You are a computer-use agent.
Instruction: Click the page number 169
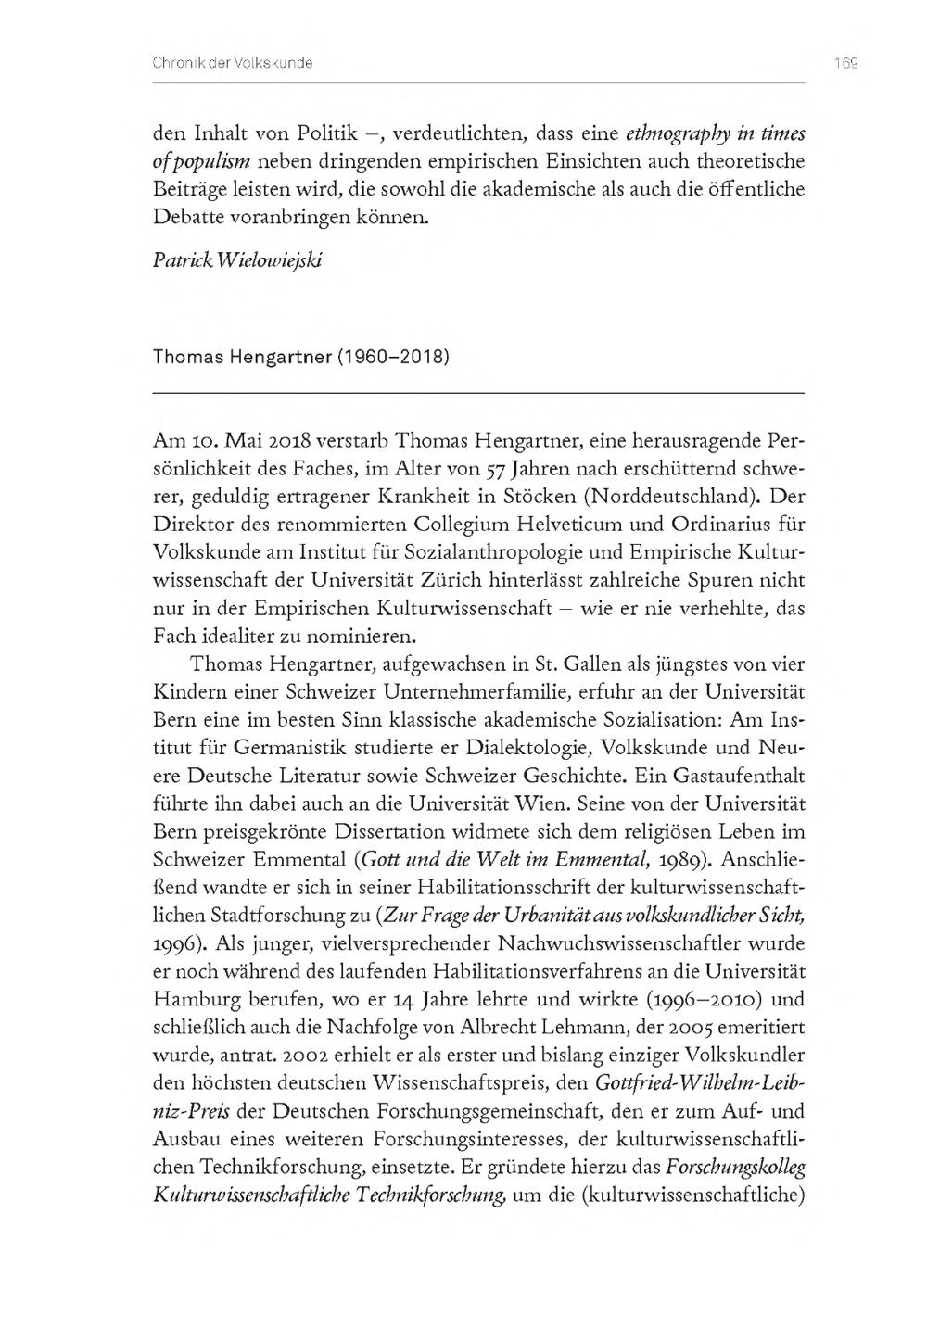(x=845, y=63)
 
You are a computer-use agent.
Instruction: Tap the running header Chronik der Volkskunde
(x=232, y=63)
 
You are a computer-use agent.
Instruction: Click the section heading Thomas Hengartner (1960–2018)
(x=301, y=356)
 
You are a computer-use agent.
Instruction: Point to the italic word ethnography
(x=680, y=133)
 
